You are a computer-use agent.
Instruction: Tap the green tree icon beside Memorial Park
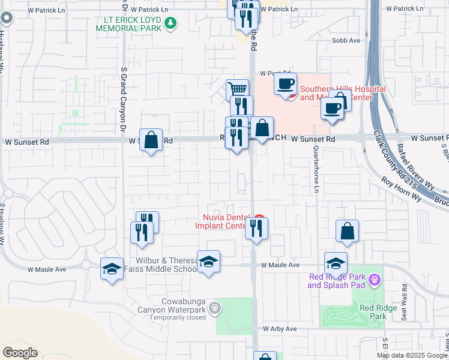pos(171,23)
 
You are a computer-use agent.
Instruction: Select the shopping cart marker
pos(238,90)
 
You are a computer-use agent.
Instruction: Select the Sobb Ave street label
pos(346,40)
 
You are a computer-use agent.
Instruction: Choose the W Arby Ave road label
pos(280,329)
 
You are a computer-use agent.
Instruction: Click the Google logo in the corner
pos(20,353)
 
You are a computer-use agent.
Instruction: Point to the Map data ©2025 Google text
pos(411,355)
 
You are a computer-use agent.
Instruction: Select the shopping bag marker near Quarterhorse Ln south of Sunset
pos(347,232)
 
